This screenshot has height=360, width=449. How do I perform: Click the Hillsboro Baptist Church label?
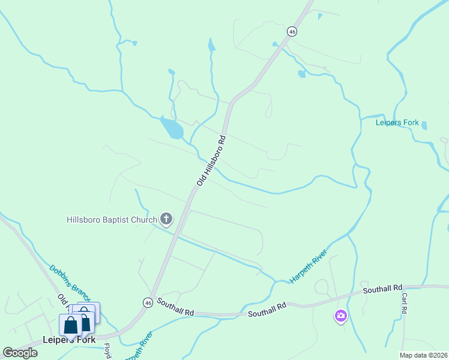click(111, 220)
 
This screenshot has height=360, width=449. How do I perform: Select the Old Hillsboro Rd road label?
click(211, 160)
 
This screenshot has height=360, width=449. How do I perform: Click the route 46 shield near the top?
click(292, 31)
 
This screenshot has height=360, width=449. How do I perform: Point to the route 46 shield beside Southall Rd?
click(148, 303)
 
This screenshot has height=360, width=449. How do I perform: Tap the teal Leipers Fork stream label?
click(397, 123)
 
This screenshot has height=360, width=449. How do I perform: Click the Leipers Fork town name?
click(69, 340)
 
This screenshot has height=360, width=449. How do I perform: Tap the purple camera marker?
click(340, 316)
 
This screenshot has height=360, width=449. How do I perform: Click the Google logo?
click(20, 352)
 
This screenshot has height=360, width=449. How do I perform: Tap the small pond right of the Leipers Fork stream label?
click(424, 126)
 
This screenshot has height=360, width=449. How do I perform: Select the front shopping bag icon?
click(71, 325)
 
